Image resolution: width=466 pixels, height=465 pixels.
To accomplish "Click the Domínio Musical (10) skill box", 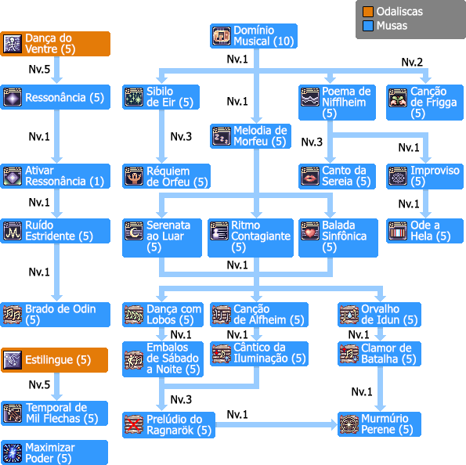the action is (x=254, y=36).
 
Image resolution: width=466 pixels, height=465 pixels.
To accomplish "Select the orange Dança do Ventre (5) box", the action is (x=56, y=44).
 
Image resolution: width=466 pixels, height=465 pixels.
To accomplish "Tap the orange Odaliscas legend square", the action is (x=367, y=12).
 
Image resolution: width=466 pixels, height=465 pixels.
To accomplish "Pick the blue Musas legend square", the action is (x=367, y=26).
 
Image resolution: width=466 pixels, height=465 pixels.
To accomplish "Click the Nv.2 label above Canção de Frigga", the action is (x=412, y=62).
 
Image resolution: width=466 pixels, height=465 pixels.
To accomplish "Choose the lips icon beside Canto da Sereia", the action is (x=310, y=176).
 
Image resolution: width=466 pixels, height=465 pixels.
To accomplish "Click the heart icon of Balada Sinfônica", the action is (x=310, y=231).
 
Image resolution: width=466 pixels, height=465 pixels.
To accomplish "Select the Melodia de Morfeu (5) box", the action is (x=251, y=136).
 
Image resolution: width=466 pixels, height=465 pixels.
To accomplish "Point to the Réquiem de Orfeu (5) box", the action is (x=166, y=176).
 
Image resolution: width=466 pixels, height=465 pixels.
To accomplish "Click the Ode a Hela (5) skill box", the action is (x=424, y=231).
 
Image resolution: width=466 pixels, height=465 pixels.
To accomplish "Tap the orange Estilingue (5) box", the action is (x=54, y=360).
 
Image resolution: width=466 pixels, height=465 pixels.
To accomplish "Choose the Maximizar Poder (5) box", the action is (x=54, y=452).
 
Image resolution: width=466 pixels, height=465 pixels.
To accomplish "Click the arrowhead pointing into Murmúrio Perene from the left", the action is (x=334, y=424).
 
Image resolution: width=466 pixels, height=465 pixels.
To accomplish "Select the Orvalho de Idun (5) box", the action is (x=379, y=315).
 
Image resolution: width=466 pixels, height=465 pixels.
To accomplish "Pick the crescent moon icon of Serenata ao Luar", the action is (x=134, y=231).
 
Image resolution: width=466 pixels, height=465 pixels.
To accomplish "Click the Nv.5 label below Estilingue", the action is (x=39, y=384).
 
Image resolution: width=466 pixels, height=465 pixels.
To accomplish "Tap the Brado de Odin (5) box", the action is (x=56, y=315).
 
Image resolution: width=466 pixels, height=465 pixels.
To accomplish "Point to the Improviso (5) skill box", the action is (x=424, y=176).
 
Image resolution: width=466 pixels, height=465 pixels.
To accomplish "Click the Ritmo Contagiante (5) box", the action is (x=251, y=238).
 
